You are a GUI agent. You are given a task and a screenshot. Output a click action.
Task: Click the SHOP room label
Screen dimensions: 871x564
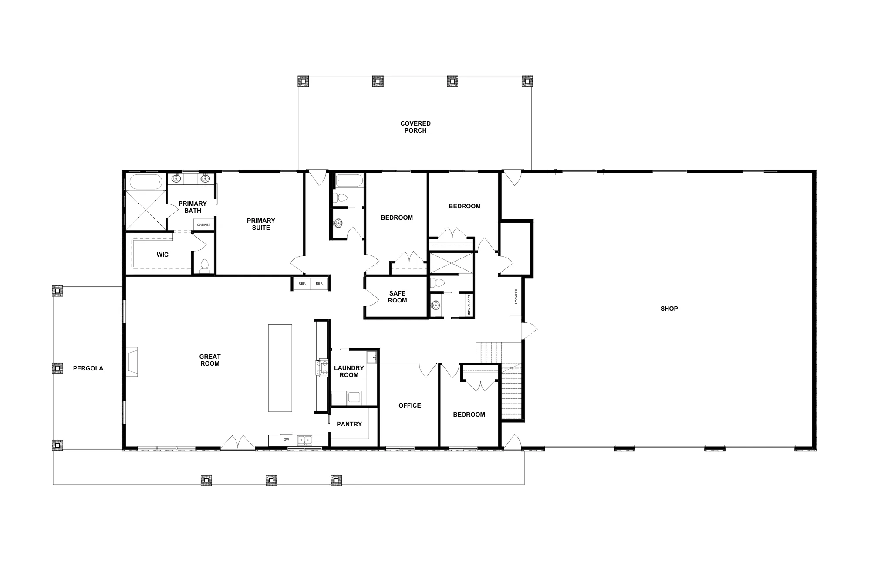coord(669,309)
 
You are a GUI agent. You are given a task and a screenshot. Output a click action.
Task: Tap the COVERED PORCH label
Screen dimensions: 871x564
coord(415,127)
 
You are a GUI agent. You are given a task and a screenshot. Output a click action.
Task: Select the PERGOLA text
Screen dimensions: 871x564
coord(88,368)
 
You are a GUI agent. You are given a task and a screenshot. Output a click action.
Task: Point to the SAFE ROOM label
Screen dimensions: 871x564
coord(397,297)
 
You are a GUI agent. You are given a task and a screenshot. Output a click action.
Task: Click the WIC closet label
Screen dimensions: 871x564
coord(162,255)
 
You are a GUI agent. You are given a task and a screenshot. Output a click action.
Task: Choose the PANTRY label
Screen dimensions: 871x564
coord(349,424)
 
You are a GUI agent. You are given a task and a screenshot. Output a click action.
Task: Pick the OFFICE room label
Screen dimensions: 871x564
coord(410,405)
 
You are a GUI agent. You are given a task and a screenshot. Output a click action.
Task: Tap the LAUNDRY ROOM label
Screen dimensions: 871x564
coord(349,371)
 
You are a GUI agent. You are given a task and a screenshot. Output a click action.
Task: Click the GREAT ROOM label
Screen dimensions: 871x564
coord(210,360)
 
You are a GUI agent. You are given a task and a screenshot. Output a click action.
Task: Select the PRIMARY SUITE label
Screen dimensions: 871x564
coord(261,224)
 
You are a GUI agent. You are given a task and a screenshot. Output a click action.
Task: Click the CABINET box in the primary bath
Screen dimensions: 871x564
coord(203,224)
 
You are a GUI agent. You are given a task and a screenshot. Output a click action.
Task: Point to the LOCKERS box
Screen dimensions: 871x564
coord(516,296)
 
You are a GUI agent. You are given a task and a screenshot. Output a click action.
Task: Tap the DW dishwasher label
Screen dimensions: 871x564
coord(286,440)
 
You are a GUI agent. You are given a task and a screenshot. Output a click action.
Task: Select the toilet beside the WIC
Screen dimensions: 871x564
coord(204,266)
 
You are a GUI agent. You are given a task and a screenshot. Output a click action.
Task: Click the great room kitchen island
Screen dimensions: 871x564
coord(280,368)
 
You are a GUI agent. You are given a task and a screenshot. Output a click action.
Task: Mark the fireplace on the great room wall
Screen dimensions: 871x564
coord(132,361)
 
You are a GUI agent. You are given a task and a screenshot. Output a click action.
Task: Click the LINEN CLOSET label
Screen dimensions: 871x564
coord(469,305)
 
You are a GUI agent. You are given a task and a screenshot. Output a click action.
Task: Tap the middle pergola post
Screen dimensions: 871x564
coord(57,368)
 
